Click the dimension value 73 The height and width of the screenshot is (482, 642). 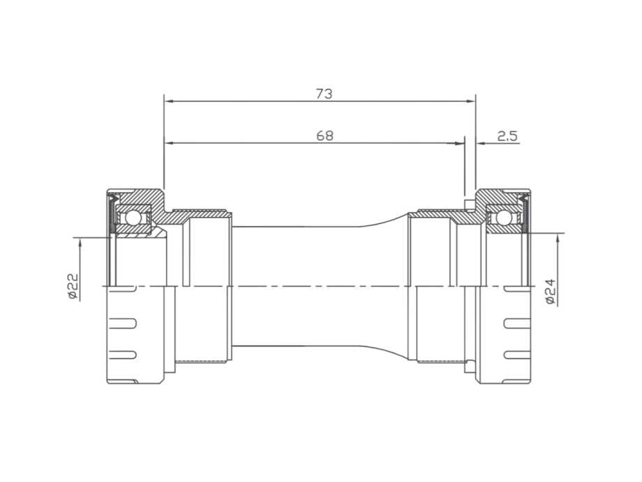coord(323,93)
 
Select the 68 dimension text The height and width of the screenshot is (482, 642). coord(324,136)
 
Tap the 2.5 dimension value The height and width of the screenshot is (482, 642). coord(507,136)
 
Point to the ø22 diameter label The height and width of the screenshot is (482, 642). coord(72,287)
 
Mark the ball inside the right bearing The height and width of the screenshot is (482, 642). coord(501,218)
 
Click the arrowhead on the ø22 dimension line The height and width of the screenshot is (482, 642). coord(81,241)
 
